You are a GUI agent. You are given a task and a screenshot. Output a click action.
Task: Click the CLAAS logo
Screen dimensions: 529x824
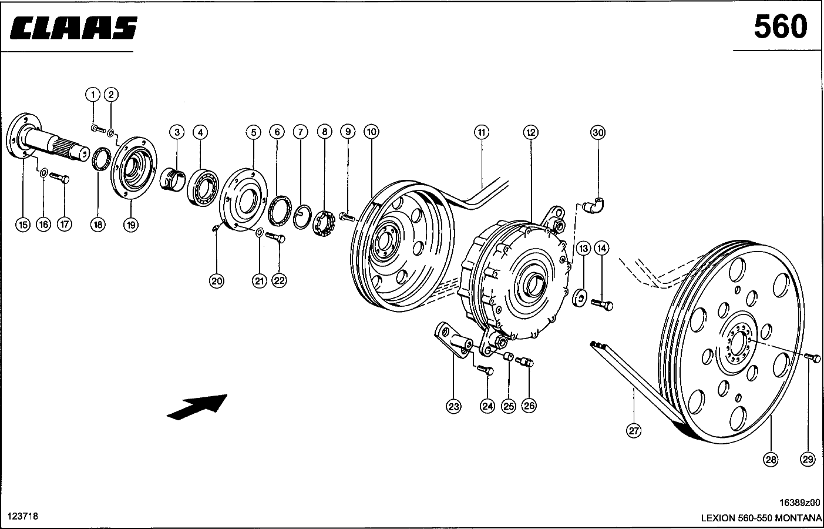(x=73, y=27)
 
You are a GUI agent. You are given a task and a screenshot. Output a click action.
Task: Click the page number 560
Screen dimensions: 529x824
(x=781, y=26)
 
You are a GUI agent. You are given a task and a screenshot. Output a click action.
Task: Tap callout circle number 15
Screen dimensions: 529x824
(x=22, y=224)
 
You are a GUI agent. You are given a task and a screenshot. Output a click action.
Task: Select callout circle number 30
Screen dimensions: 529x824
(x=597, y=133)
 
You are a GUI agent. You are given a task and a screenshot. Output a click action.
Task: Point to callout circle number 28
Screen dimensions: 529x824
(x=771, y=460)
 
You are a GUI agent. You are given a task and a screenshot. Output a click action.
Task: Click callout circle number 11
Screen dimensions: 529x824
(x=481, y=133)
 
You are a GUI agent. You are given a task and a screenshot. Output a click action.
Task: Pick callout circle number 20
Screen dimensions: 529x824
(x=217, y=282)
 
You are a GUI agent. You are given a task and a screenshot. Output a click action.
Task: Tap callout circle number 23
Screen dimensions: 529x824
(x=453, y=406)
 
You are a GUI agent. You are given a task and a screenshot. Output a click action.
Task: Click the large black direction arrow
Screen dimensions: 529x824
(x=197, y=407)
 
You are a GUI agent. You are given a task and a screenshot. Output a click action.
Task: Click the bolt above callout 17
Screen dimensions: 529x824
(x=60, y=177)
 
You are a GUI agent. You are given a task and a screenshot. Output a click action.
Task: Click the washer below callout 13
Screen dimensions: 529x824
(x=580, y=297)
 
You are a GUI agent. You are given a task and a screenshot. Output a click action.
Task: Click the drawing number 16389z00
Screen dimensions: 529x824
(x=799, y=503)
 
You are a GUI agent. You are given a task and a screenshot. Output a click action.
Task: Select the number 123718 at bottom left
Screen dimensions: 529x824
(x=22, y=516)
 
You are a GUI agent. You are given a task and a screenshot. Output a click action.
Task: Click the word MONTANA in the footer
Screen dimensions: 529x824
(x=798, y=518)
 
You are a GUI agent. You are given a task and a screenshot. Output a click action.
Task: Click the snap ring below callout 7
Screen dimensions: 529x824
(x=302, y=218)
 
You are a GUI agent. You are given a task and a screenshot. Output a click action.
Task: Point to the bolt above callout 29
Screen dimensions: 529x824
(x=812, y=357)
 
